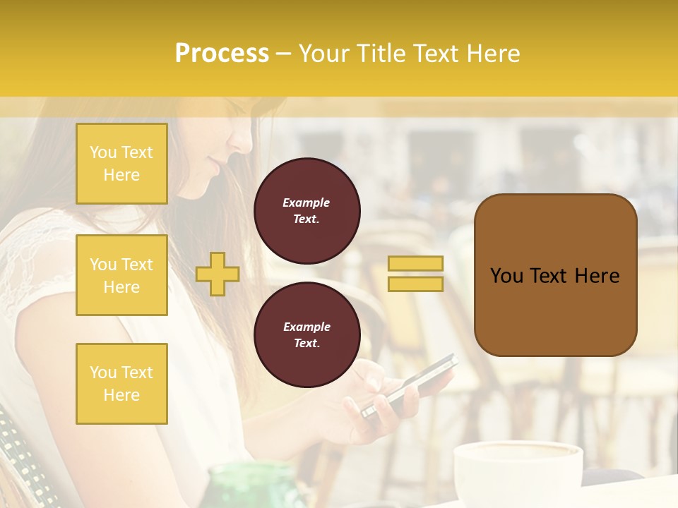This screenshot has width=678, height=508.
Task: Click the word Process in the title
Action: (222, 54)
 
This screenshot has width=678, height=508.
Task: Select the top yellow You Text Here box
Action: (121, 164)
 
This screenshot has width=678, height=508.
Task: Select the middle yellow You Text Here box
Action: (121, 275)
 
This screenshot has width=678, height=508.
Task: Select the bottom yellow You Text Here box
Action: (121, 383)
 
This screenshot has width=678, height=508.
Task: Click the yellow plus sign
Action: (217, 274)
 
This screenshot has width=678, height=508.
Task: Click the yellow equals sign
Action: (415, 274)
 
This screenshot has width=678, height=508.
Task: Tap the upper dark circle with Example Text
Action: (307, 210)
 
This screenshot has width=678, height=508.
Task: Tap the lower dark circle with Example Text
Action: (307, 334)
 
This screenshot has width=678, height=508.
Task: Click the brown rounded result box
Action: (555, 275)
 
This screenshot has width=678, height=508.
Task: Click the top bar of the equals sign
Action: (415, 263)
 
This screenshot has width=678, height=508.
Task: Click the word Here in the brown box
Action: (596, 276)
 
